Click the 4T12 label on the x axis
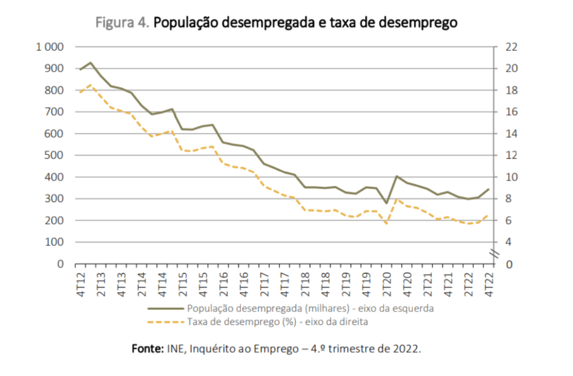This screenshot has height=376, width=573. point(81,284)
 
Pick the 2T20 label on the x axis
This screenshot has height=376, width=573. point(386,284)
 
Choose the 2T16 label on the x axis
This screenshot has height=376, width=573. point(224,284)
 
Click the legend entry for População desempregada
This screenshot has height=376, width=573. point(311,308)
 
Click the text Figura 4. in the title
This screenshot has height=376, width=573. point(122,23)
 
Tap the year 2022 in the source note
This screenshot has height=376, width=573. point(405,349)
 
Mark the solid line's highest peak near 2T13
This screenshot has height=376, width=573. point(91,63)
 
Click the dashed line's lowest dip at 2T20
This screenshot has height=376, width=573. point(386,224)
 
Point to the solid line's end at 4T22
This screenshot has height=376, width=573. point(489,189)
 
